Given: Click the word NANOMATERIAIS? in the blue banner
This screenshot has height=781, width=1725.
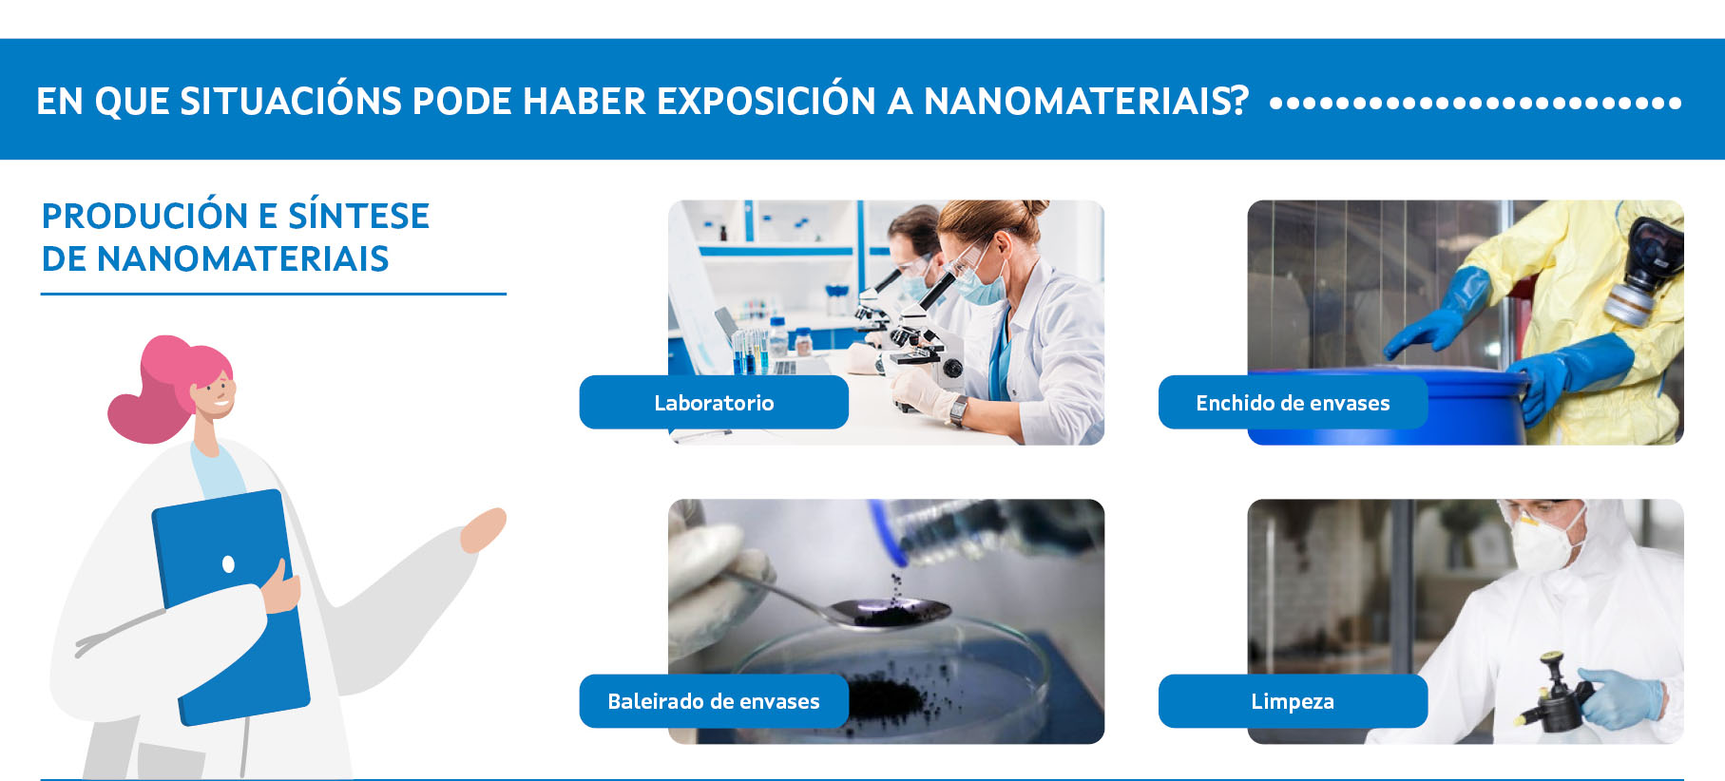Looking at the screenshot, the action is pyautogui.click(x=1086, y=101).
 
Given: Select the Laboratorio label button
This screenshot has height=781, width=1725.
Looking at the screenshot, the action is pyautogui.click(x=714, y=402).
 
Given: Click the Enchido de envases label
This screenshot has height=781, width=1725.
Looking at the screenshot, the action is pyautogui.click(x=1293, y=402).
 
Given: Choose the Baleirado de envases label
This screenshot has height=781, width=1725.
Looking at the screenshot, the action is pyautogui.click(x=714, y=701).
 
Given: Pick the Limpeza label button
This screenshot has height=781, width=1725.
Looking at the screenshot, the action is pyautogui.click(x=1293, y=701).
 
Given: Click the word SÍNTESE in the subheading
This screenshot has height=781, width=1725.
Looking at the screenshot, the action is pyautogui.click(x=358, y=216).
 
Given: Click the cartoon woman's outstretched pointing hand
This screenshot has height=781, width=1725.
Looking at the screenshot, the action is pyautogui.click(x=483, y=529).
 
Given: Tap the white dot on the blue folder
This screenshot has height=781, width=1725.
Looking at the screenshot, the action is pyautogui.click(x=228, y=564).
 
